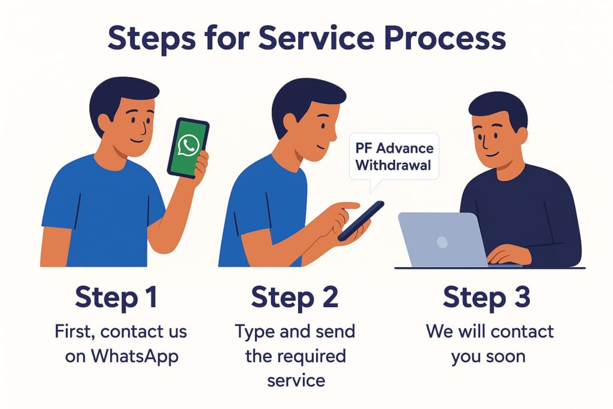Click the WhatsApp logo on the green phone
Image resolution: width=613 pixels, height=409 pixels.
(x=189, y=146)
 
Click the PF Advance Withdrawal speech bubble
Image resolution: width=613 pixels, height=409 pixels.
(x=393, y=157)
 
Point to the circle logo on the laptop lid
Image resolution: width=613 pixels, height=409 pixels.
(x=442, y=242)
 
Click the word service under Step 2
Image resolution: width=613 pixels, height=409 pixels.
(x=296, y=380)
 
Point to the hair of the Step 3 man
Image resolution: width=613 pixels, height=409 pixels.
(x=497, y=108)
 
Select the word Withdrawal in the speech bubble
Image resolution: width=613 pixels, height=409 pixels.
(x=393, y=165)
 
